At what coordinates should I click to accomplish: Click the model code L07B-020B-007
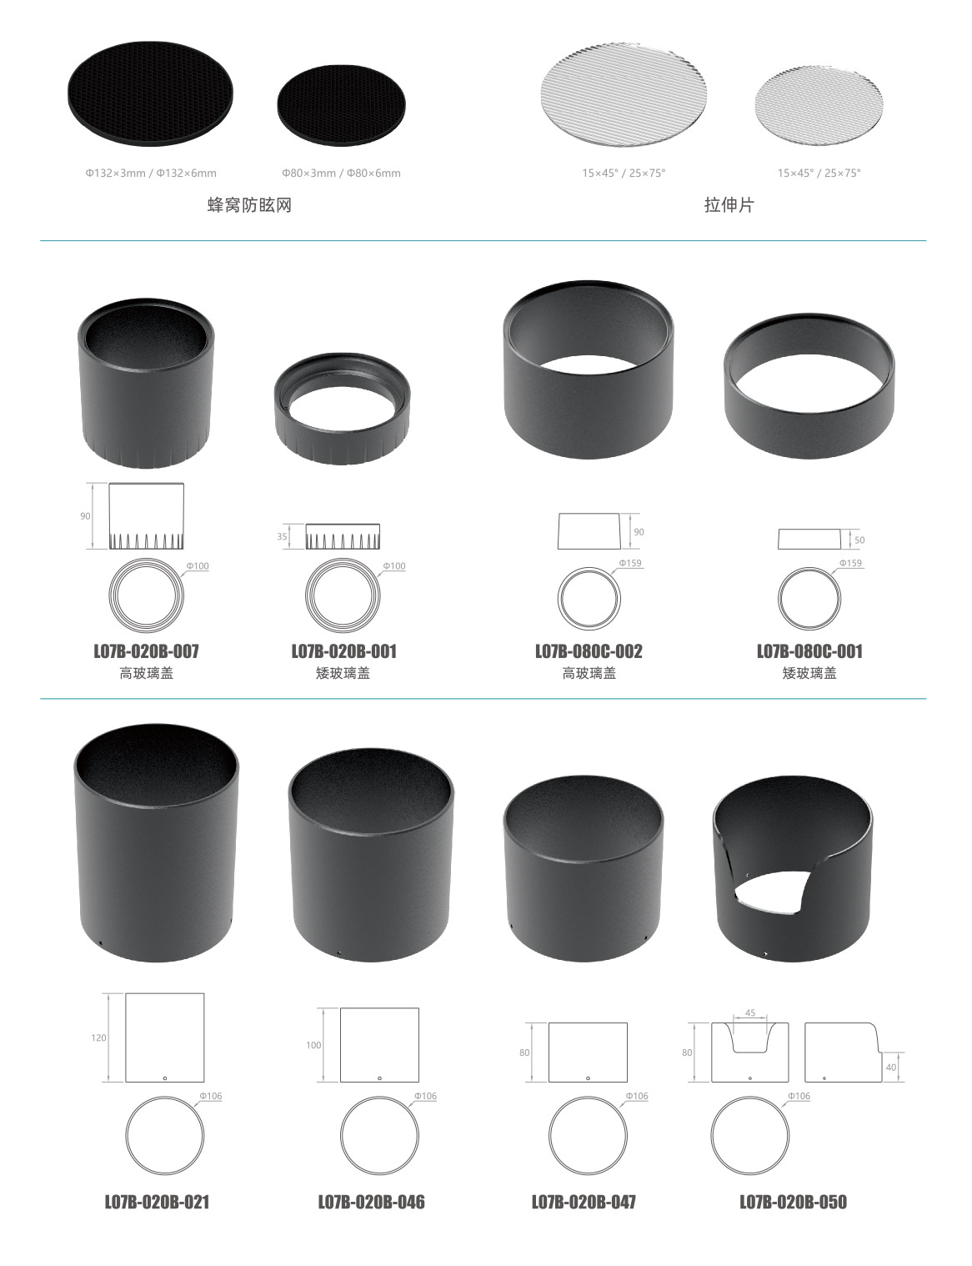click(146, 651)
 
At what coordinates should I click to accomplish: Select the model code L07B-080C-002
click(589, 651)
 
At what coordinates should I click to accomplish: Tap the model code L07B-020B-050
click(794, 1202)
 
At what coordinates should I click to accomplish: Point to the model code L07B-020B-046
click(372, 1202)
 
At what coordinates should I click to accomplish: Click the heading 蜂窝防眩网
click(249, 205)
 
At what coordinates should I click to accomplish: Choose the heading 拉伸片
click(729, 205)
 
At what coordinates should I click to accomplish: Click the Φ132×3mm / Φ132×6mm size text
click(152, 173)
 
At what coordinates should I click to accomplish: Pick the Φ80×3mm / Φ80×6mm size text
click(341, 173)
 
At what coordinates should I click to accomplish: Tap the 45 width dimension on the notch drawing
click(750, 1012)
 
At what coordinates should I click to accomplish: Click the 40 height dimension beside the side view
click(891, 1068)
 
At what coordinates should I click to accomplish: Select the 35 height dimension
click(283, 536)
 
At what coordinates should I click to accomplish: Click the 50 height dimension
click(859, 540)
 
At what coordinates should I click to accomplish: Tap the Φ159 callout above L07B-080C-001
click(850, 563)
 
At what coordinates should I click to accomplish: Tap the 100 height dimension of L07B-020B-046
click(313, 1045)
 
